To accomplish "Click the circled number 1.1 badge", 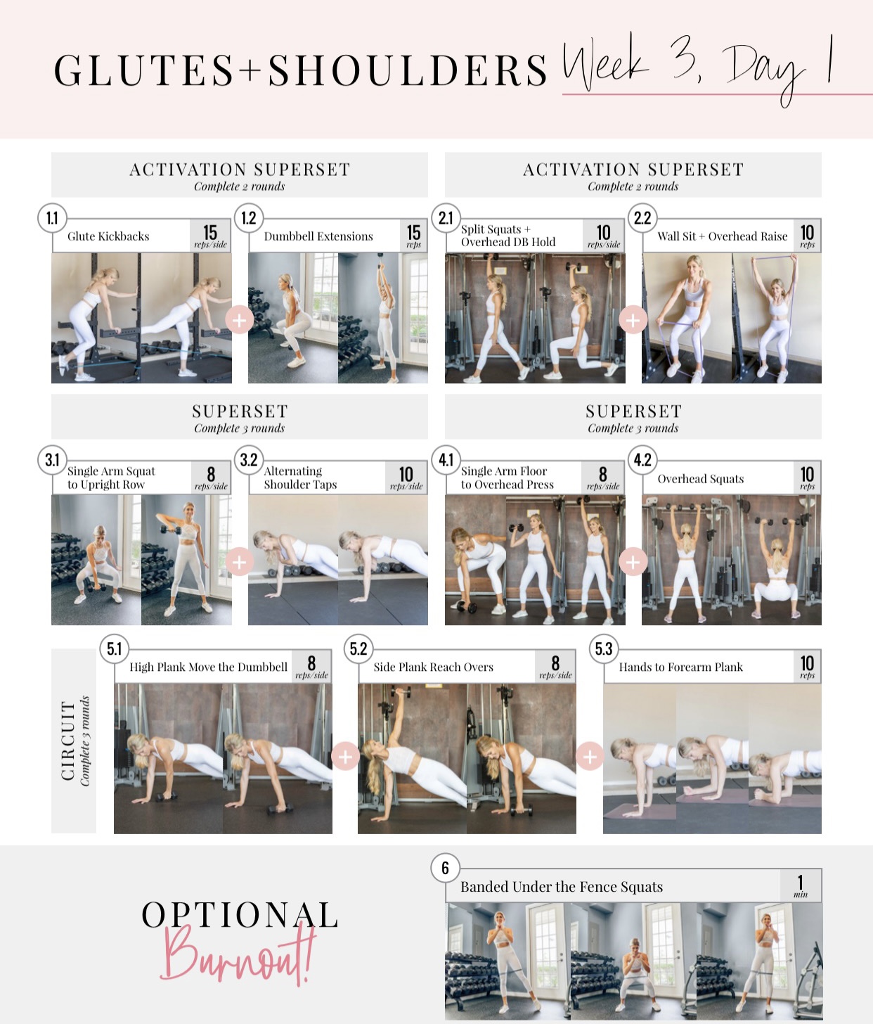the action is (52, 218).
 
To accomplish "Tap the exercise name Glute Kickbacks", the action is (108, 236).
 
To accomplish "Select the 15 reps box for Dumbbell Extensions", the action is (413, 236).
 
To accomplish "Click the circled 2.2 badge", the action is (642, 218).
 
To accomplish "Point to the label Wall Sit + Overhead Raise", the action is (722, 236).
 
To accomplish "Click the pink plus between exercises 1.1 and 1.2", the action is (239, 321).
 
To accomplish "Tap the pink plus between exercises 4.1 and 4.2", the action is (633, 562).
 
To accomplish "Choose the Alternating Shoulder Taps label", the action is (300, 478).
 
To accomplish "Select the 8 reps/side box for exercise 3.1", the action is (211, 478).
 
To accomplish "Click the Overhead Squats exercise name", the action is (700, 478).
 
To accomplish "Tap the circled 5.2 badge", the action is (358, 649).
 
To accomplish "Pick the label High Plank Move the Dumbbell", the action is (208, 667).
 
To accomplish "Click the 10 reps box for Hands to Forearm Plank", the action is (807, 666).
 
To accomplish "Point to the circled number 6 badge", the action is (445, 868).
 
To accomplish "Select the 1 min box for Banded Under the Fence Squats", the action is (800, 885).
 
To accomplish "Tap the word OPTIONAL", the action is (240, 914).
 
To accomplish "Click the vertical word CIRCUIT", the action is (68, 741).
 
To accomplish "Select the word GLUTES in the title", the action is (144, 70).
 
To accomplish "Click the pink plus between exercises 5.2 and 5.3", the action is (590, 757).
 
